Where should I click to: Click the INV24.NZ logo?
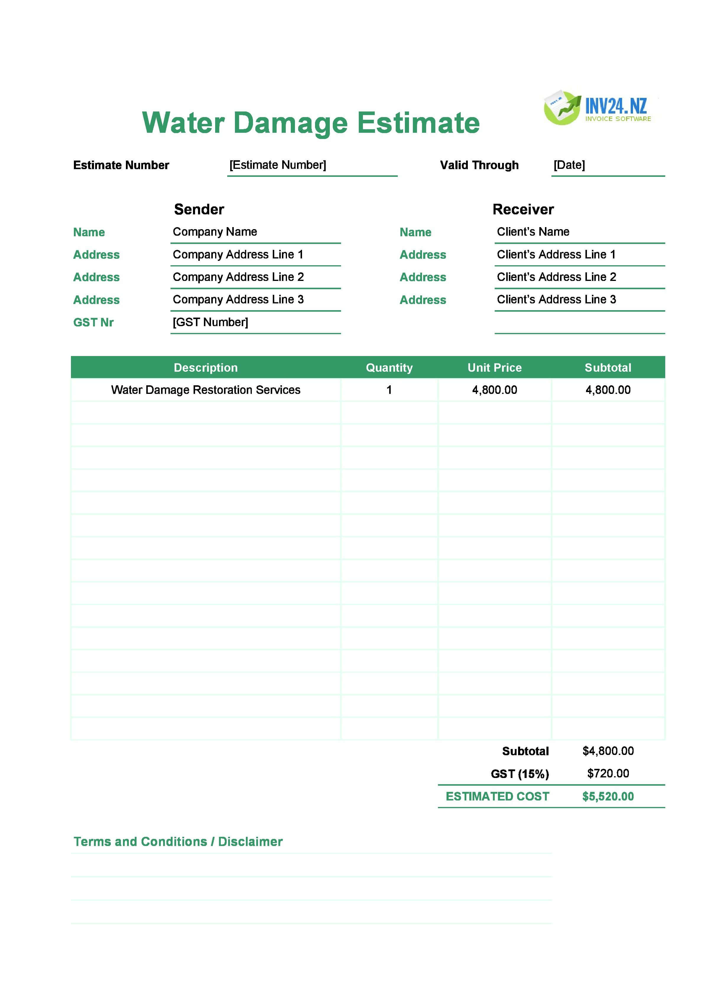597,108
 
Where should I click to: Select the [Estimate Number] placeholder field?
278,165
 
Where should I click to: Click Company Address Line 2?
238,277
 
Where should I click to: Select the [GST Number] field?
210,322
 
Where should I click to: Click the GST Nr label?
93,322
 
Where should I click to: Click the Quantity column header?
389,368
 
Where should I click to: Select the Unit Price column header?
494,368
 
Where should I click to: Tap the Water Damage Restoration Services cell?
205,390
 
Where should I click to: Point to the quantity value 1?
389,390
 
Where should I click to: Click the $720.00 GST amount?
608,774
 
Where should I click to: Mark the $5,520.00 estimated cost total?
608,796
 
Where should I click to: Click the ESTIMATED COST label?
497,796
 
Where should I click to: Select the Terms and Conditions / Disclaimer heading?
178,841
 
